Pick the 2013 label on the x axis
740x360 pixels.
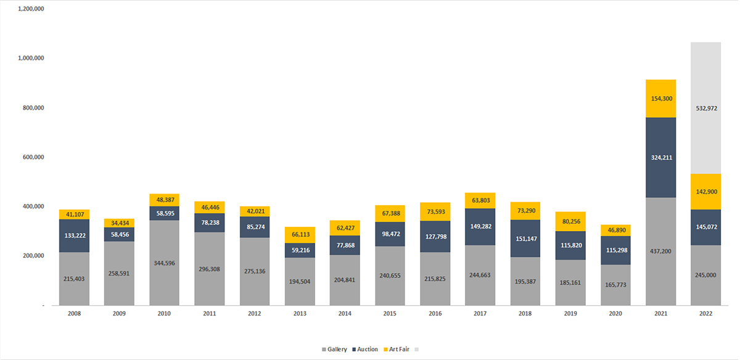pos(300,314)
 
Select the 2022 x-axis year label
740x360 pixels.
pos(705,314)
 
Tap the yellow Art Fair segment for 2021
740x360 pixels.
pos(660,99)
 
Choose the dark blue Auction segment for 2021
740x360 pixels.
pos(660,157)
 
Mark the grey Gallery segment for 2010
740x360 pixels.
pos(164,262)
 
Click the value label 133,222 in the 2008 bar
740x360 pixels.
pos(74,235)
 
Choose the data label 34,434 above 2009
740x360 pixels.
pos(119,223)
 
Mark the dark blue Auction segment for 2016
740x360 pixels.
pos(435,236)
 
